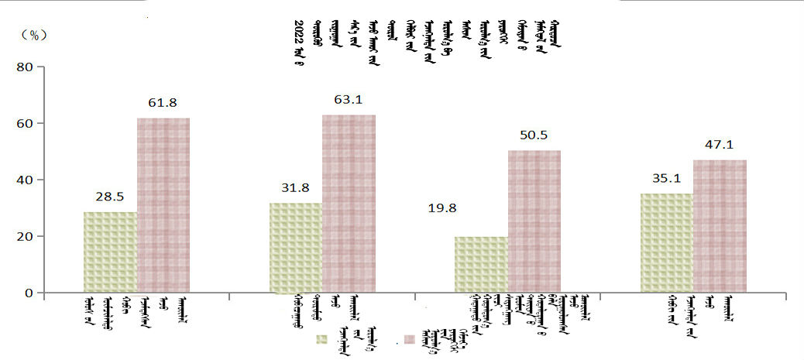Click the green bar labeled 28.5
point(110,252)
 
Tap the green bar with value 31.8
point(295,248)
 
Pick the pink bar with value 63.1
point(349,204)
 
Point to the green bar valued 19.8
point(481,265)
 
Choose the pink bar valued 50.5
point(534,221)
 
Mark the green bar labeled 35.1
point(666,243)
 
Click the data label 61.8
point(163,102)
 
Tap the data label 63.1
point(349,98)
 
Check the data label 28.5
point(111,197)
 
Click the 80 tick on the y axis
point(25,67)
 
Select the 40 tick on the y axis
point(25,180)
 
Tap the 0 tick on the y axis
point(29,293)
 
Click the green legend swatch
point(322,340)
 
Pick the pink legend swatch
point(411,340)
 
